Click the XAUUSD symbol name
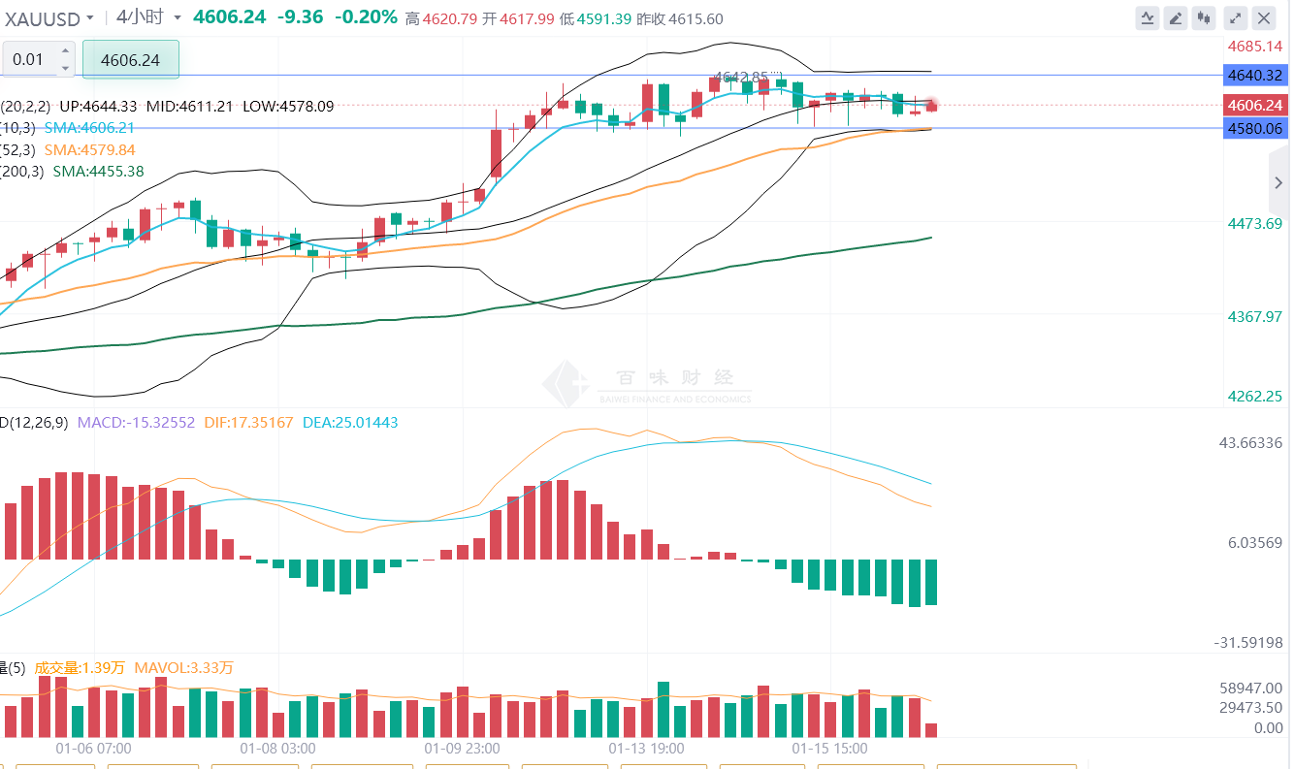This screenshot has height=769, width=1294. pyautogui.click(x=44, y=17)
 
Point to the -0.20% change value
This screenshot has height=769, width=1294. pyautogui.click(x=366, y=16)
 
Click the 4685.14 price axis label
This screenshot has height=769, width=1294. pyautogui.click(x=1255, y=46)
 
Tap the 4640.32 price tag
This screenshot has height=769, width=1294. pyautogui.click(x=1254, y=75)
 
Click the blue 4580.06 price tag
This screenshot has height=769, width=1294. pyautogui.click(x=1254, y=128)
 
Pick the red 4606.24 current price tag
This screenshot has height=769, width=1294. pyautogui.click(x=1254, y=105)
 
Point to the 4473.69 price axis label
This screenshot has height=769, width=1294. pyautogui.click(x=1254, y=224)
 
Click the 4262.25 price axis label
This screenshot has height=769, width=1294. pyautogui.click(x=1254, y=396)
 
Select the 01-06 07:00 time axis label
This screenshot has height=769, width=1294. pyautogui.click(x=93, y=749)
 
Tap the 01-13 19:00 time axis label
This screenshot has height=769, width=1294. pyautogui.click(x=646, y=749)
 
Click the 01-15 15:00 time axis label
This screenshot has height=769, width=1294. pyautogui.click(x=829, y=749)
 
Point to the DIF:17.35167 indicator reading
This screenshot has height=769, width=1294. pyautogui.click(x=248, y=423)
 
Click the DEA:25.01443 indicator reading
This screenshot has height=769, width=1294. pyautogui.click(x=350, y=423)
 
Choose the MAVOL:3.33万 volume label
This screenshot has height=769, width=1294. pyautogui.click(x=183, y=668)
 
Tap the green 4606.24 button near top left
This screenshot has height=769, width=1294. pyautogui.click(x=130, y=59)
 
